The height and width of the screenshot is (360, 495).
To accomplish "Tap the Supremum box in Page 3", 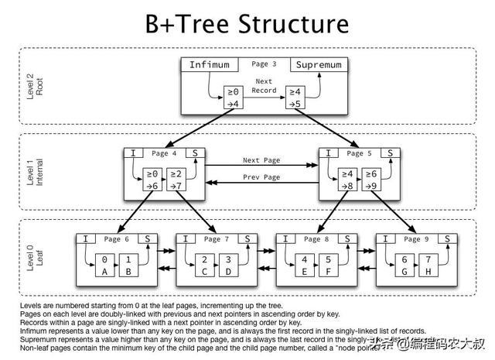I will pyautogui.click(x=317, y=64).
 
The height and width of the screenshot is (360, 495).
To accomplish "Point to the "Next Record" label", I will pyautogui.click(x=265, y=85).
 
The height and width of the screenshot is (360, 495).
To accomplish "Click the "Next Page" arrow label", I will pyautogui.click(x=261, y=160).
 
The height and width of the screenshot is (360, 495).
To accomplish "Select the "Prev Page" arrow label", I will pyautogui.click(x=261, y=178).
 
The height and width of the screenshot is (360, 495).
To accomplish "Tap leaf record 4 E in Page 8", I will pyautogui.click(x=304, y=266).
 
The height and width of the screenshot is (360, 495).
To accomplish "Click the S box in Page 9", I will pyautogui.click(x=446, y=239).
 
